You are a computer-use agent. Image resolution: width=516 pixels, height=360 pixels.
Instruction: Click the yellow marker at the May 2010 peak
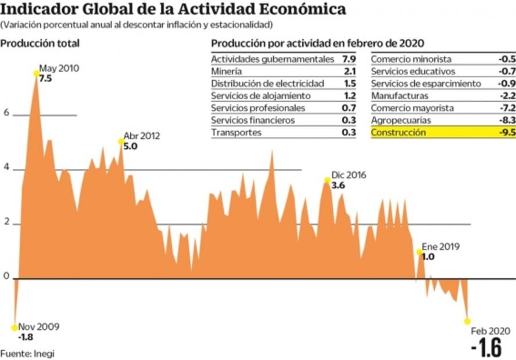[36, 73]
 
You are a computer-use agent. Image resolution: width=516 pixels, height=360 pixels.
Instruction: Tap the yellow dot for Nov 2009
[15, 327]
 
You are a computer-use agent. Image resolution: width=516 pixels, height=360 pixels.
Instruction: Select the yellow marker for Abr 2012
[121, 141]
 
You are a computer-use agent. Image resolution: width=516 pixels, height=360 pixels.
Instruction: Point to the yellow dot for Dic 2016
[328, 180]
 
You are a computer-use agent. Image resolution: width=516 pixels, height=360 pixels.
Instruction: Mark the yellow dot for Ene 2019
[419, 252]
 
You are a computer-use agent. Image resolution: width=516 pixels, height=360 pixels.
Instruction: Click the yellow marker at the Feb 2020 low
[467, 321]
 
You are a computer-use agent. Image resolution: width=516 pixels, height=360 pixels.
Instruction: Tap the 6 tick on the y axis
[6, 114]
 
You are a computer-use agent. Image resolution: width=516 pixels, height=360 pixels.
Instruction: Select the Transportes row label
[236, 132]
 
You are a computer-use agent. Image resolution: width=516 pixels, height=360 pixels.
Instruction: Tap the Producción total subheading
[40, 44]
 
